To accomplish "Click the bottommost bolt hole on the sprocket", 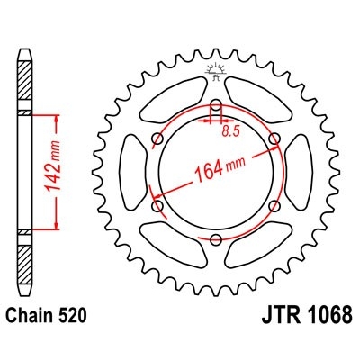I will click(216, 240).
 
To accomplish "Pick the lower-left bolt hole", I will click(157, 206).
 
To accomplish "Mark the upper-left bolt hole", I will click(157, 139).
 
